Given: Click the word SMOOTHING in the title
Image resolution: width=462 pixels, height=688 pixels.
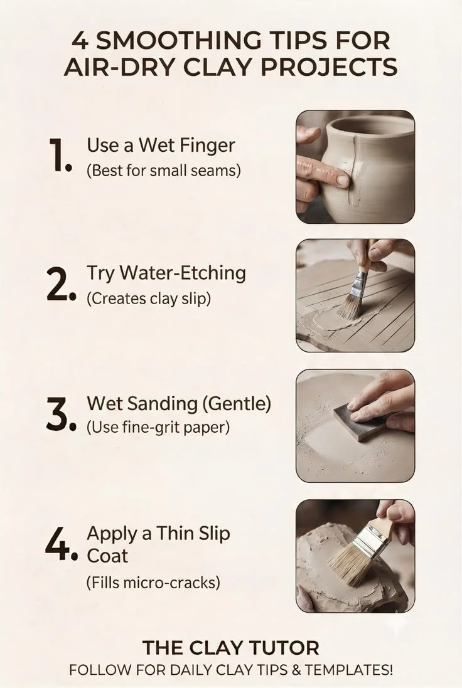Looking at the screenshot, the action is click(178, 41).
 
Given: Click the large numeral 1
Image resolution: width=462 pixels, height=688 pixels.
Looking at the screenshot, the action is click(59, 156).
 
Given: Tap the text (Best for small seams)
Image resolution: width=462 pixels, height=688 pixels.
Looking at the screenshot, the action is click(163, 170).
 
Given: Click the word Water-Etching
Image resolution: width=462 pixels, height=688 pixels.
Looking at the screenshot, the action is click(183, 273).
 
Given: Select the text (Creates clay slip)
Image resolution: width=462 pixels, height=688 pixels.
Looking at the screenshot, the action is click(148, 299).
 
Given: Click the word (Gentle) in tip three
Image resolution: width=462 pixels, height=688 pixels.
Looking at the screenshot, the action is click(237, 404).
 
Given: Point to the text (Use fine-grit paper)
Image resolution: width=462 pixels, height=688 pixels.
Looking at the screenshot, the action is click(158, 427).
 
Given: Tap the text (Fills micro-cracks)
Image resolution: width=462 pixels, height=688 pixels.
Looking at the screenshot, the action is click(153, 583).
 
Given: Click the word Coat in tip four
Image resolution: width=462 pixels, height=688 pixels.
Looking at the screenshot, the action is click(107, 556).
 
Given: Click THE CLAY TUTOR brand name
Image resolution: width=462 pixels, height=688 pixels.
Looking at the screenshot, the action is click(230, 648).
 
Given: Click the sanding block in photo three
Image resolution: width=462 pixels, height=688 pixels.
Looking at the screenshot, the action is click(356, 421).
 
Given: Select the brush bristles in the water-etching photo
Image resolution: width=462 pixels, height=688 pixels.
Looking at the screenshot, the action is click(349, 306).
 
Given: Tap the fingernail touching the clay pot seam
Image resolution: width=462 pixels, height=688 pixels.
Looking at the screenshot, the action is click(341, 180).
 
